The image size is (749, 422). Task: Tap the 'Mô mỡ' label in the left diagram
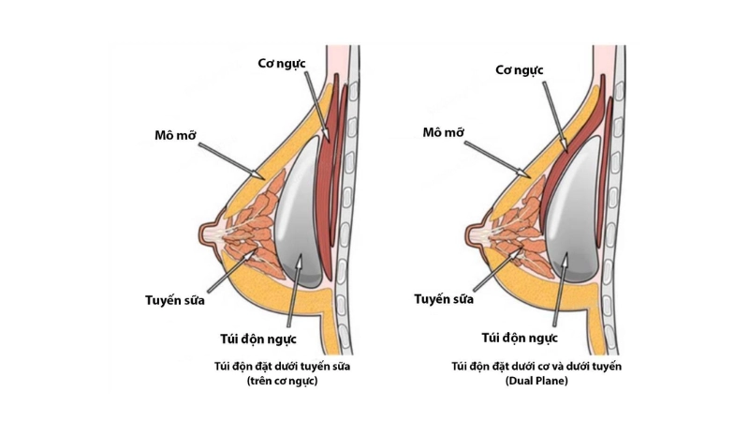point(179,133)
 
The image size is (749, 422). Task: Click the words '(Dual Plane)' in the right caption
point(540,383)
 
